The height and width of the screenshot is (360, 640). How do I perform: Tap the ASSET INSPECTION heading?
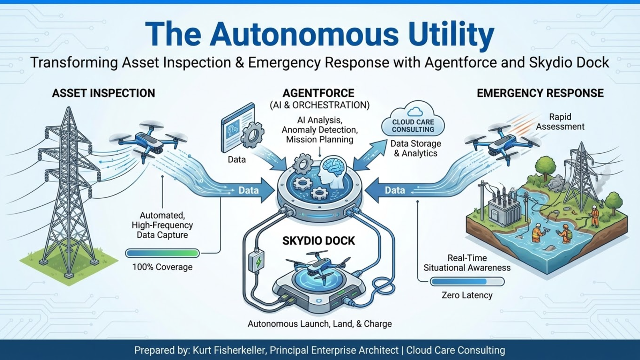103,93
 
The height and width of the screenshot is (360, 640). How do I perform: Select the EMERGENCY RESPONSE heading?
540,93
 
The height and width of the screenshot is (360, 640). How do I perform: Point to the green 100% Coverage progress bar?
162,253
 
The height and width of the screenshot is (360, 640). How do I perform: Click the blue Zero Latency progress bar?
467,282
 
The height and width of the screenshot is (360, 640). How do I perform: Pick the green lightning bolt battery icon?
258,262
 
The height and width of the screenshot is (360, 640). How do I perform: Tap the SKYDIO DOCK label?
318,241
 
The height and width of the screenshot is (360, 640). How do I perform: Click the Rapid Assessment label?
560,122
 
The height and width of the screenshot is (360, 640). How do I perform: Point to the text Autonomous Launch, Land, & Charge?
320,324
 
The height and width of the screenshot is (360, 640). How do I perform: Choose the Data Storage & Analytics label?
416,148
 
